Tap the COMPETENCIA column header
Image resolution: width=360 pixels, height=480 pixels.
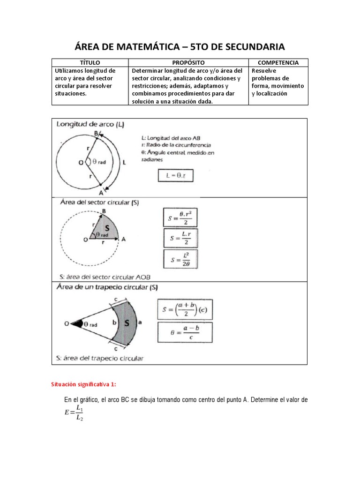[278, 62]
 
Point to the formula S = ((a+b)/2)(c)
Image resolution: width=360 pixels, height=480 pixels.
[184, 309]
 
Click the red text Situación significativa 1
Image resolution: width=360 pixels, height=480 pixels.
[82, 385]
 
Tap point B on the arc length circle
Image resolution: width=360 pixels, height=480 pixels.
[96, 134]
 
